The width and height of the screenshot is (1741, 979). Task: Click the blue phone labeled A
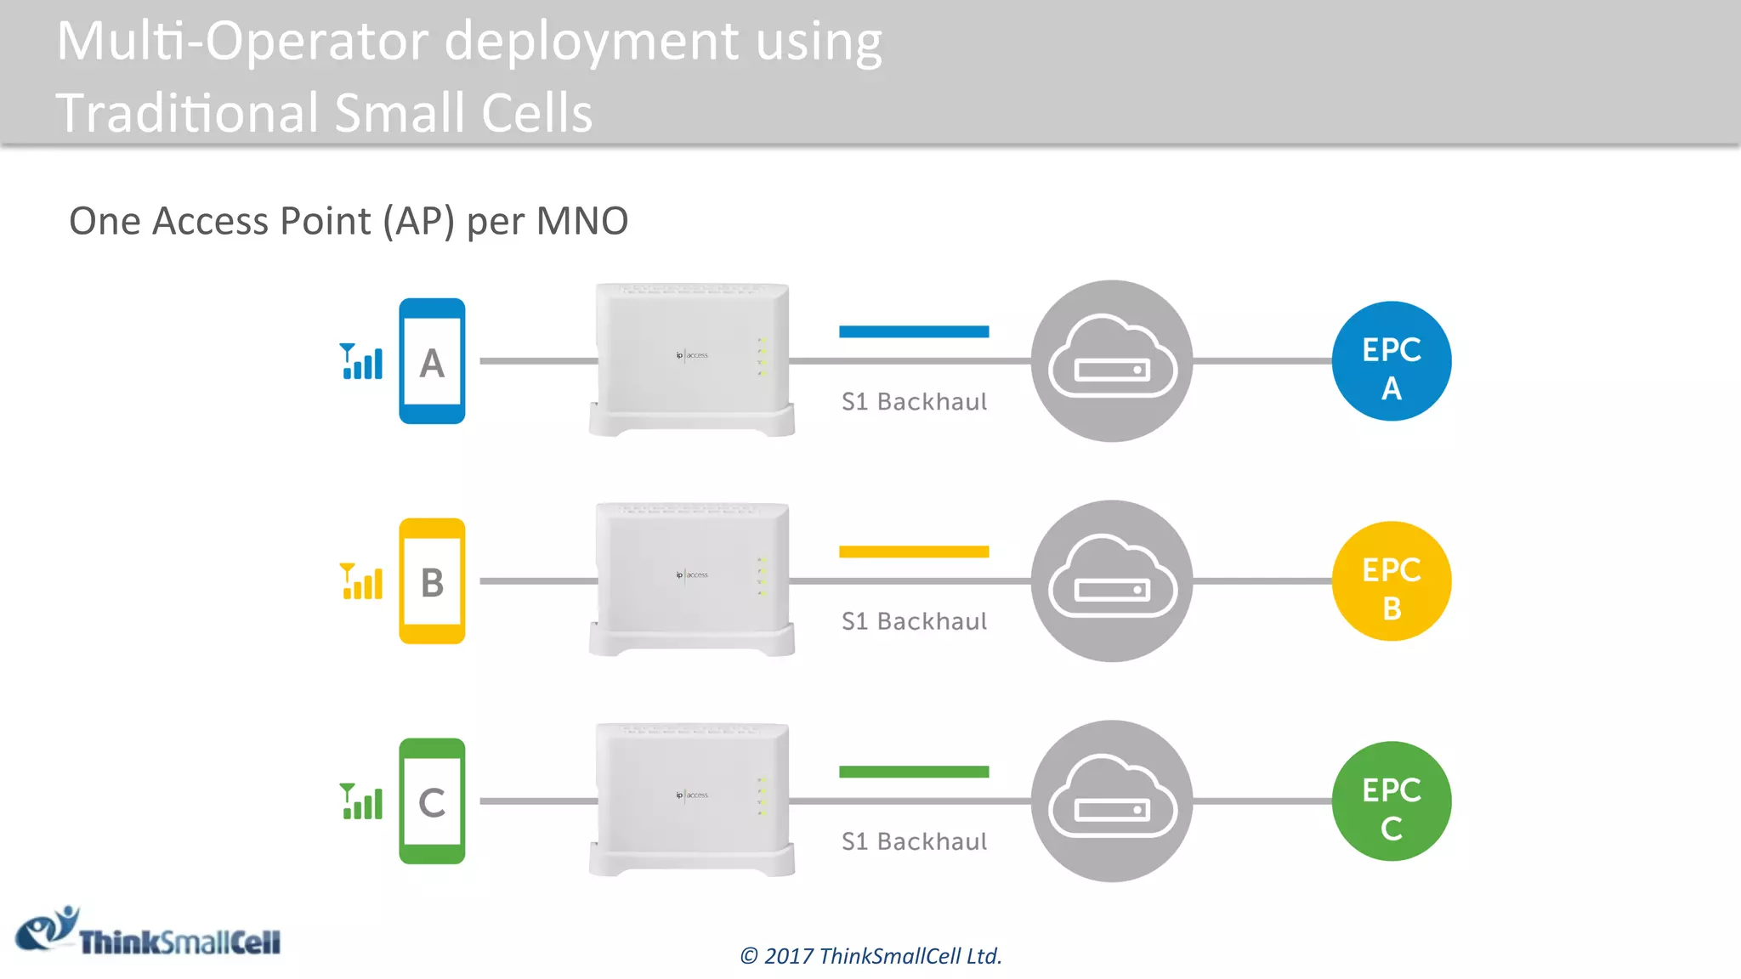(432, 361)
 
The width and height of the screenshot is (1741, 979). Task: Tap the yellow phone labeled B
(432, 581)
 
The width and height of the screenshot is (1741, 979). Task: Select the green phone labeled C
(432, 801)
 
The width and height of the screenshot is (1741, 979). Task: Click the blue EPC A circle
(1391, 361)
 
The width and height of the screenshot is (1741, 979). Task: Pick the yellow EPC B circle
(1391, 581)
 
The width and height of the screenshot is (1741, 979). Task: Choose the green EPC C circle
(1391, 801)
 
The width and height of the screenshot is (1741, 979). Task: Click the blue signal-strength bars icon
(361, 362)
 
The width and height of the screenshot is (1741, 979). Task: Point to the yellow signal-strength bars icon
(361, 582)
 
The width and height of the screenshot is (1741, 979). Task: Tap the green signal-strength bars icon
(361, 802)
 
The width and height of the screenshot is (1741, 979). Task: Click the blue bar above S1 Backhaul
(914, 331)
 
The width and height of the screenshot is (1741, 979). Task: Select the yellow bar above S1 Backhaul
(914, 552)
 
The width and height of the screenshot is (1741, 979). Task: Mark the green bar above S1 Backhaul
(914, 772)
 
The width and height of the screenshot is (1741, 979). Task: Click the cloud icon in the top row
(1112, 361)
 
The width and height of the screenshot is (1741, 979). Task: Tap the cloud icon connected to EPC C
(1112, 801)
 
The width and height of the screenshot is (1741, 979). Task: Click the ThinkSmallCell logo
(149, 933)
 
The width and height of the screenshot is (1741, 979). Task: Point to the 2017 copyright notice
(870, 956)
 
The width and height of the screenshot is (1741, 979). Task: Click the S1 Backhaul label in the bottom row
(914, 841)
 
